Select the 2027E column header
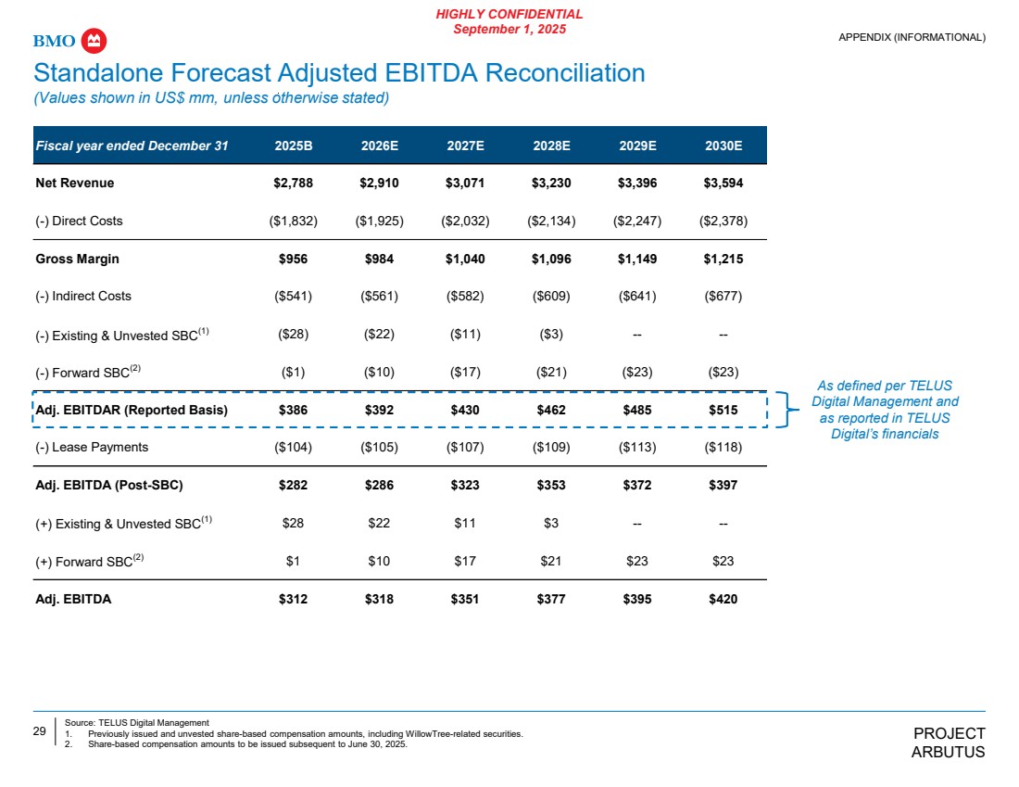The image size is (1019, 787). [464, 145]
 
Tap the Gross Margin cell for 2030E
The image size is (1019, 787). [723, 259]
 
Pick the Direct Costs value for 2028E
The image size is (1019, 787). [551, 221]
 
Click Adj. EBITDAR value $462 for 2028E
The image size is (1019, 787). [551, 410]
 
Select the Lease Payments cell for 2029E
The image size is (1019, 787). [637, 448]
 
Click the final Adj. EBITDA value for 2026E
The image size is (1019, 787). [379, 599]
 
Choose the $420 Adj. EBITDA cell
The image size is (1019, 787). [723, 599]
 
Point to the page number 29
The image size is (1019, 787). [40, 731]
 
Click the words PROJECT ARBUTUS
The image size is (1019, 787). [949, 743]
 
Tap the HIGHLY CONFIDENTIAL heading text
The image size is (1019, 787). [510, 14]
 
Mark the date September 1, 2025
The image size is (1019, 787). [510, 30]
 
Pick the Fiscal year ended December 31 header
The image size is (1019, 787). [132, 145]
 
